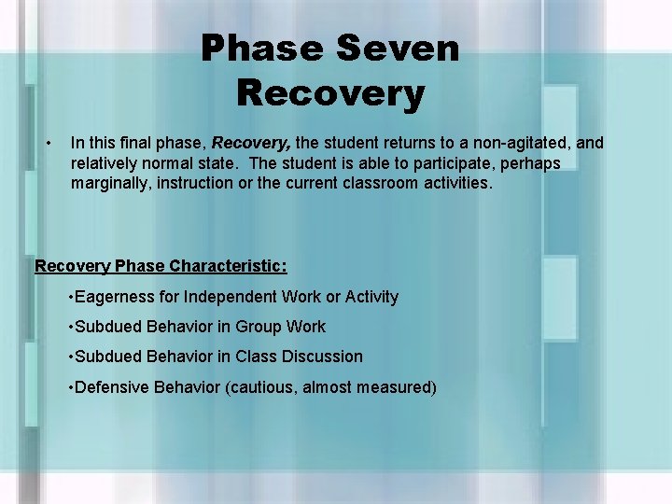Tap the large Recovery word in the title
330,93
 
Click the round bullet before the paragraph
48,143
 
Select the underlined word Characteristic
228,266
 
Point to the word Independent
229,297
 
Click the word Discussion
321,357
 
